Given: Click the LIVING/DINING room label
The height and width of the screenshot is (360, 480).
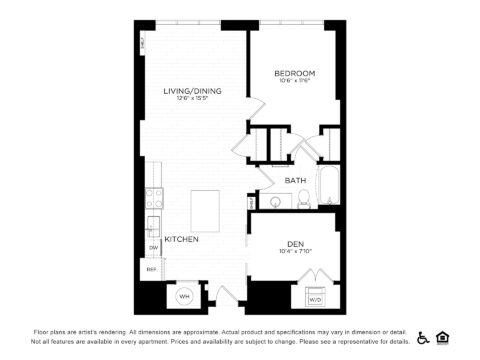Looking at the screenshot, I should (193, 91).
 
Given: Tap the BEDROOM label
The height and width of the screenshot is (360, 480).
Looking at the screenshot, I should (295, 73).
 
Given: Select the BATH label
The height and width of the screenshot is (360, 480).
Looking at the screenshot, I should (295, 180).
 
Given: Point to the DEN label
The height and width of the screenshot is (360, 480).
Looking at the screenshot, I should (295, 243).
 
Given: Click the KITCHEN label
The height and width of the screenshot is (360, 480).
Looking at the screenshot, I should (181, 239).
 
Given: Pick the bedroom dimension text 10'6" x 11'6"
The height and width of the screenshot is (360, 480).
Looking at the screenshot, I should (295, 82).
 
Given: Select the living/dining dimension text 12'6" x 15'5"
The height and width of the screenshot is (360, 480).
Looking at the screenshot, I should (193, 99).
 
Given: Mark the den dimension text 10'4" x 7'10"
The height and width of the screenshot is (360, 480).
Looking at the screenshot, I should (295, 251).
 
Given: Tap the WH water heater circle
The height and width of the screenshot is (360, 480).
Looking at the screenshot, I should (185, 296).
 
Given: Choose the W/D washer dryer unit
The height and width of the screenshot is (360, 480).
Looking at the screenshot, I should (314, 298).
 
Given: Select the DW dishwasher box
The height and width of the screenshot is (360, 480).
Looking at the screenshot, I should (153, 246).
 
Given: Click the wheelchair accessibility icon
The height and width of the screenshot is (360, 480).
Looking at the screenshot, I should (423, 337).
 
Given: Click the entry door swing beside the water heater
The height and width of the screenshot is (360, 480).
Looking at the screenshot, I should (225, 295).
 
